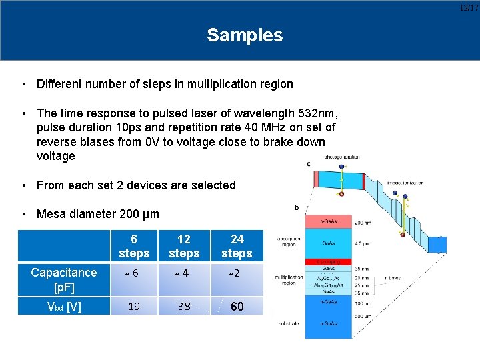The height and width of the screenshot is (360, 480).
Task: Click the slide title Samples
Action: pyautogui.click(x=245, y=35)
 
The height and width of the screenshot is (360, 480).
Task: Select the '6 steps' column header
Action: pyautogui.click(x=134, y=246)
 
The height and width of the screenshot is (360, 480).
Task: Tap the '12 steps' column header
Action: pyautogui.click(x=184, y=246)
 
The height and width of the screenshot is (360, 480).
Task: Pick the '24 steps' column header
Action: pyautogui.click(x=237, y=246)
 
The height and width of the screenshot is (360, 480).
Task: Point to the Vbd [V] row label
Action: pyautogui.click(x=64, y=307)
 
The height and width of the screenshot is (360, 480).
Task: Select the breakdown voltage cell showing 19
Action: pyautogui.click(x=134, y=307)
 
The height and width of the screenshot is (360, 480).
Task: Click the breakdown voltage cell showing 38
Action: pyautogui.click(x=184, y=307)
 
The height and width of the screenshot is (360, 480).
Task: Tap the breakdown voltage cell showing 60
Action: pyautogui.click(x=237, y=307)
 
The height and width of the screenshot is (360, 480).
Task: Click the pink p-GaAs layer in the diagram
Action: pyautogui.click(x=328, y=221)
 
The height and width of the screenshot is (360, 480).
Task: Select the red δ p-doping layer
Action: pyautogui.click(x=328, y=263)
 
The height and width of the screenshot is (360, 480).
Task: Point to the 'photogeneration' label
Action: pyautogui.click(x=339, y=157)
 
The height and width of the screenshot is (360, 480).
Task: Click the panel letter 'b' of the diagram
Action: pyautogui.click(x=295, y=207)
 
